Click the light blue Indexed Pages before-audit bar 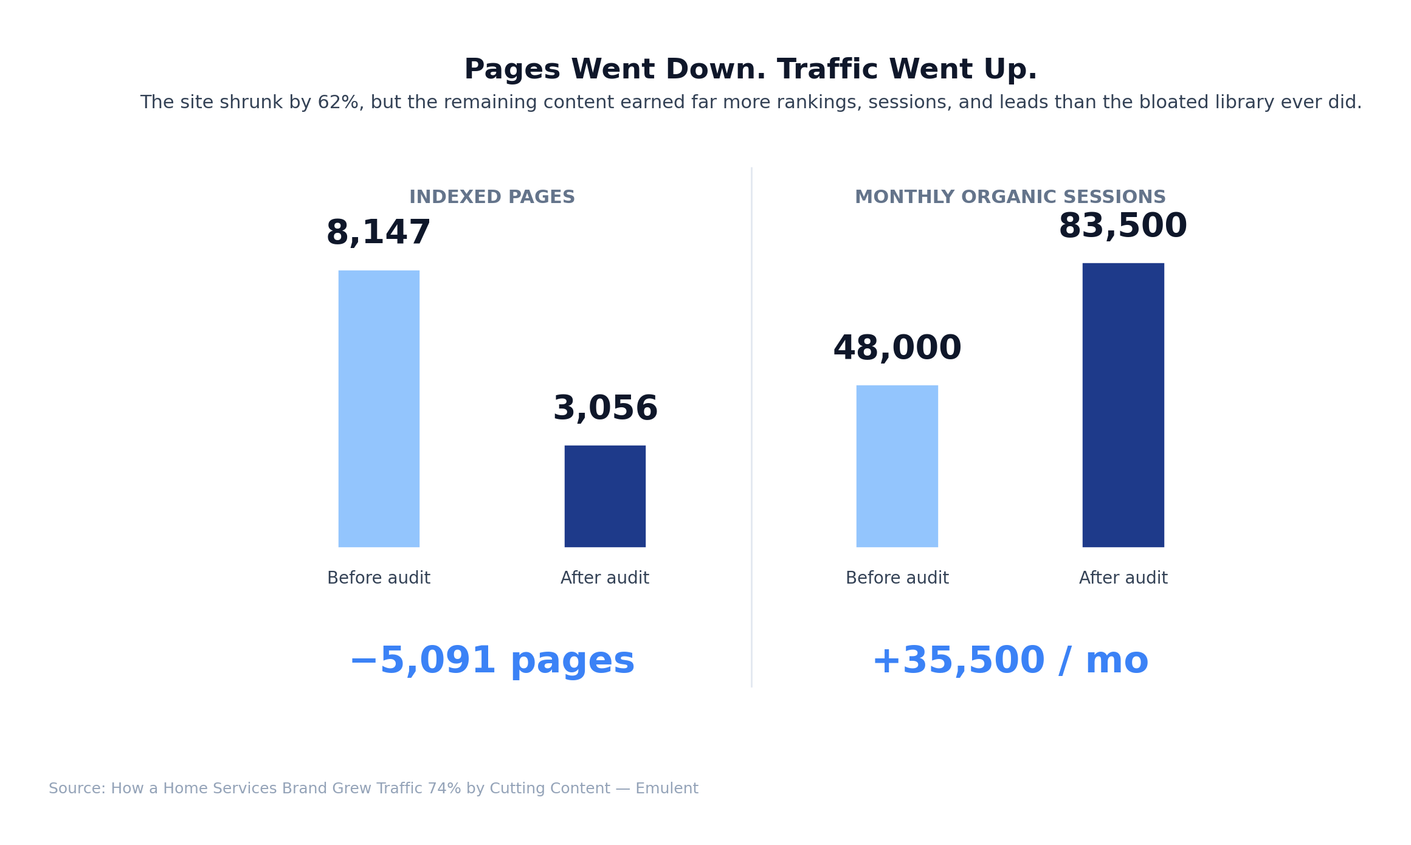(379, 409)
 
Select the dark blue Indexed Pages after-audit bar (605, 496)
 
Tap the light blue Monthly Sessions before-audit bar (897, 466)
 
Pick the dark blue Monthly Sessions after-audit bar (1123, 405)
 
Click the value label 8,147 (379, 233)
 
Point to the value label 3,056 (605, 409)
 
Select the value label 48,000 (897, 348)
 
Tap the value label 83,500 (1123, 226)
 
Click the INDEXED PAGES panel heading (492, 198)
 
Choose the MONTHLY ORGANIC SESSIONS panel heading (1010, 198)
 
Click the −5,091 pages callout (492, 661)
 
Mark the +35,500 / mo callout (1010, 661)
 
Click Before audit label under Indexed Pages (379, 578)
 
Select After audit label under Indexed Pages (605, 578)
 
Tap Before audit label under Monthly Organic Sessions (897, 578)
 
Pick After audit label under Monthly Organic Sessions (1123, 578)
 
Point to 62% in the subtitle (340, 103)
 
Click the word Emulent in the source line (667, 789)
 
